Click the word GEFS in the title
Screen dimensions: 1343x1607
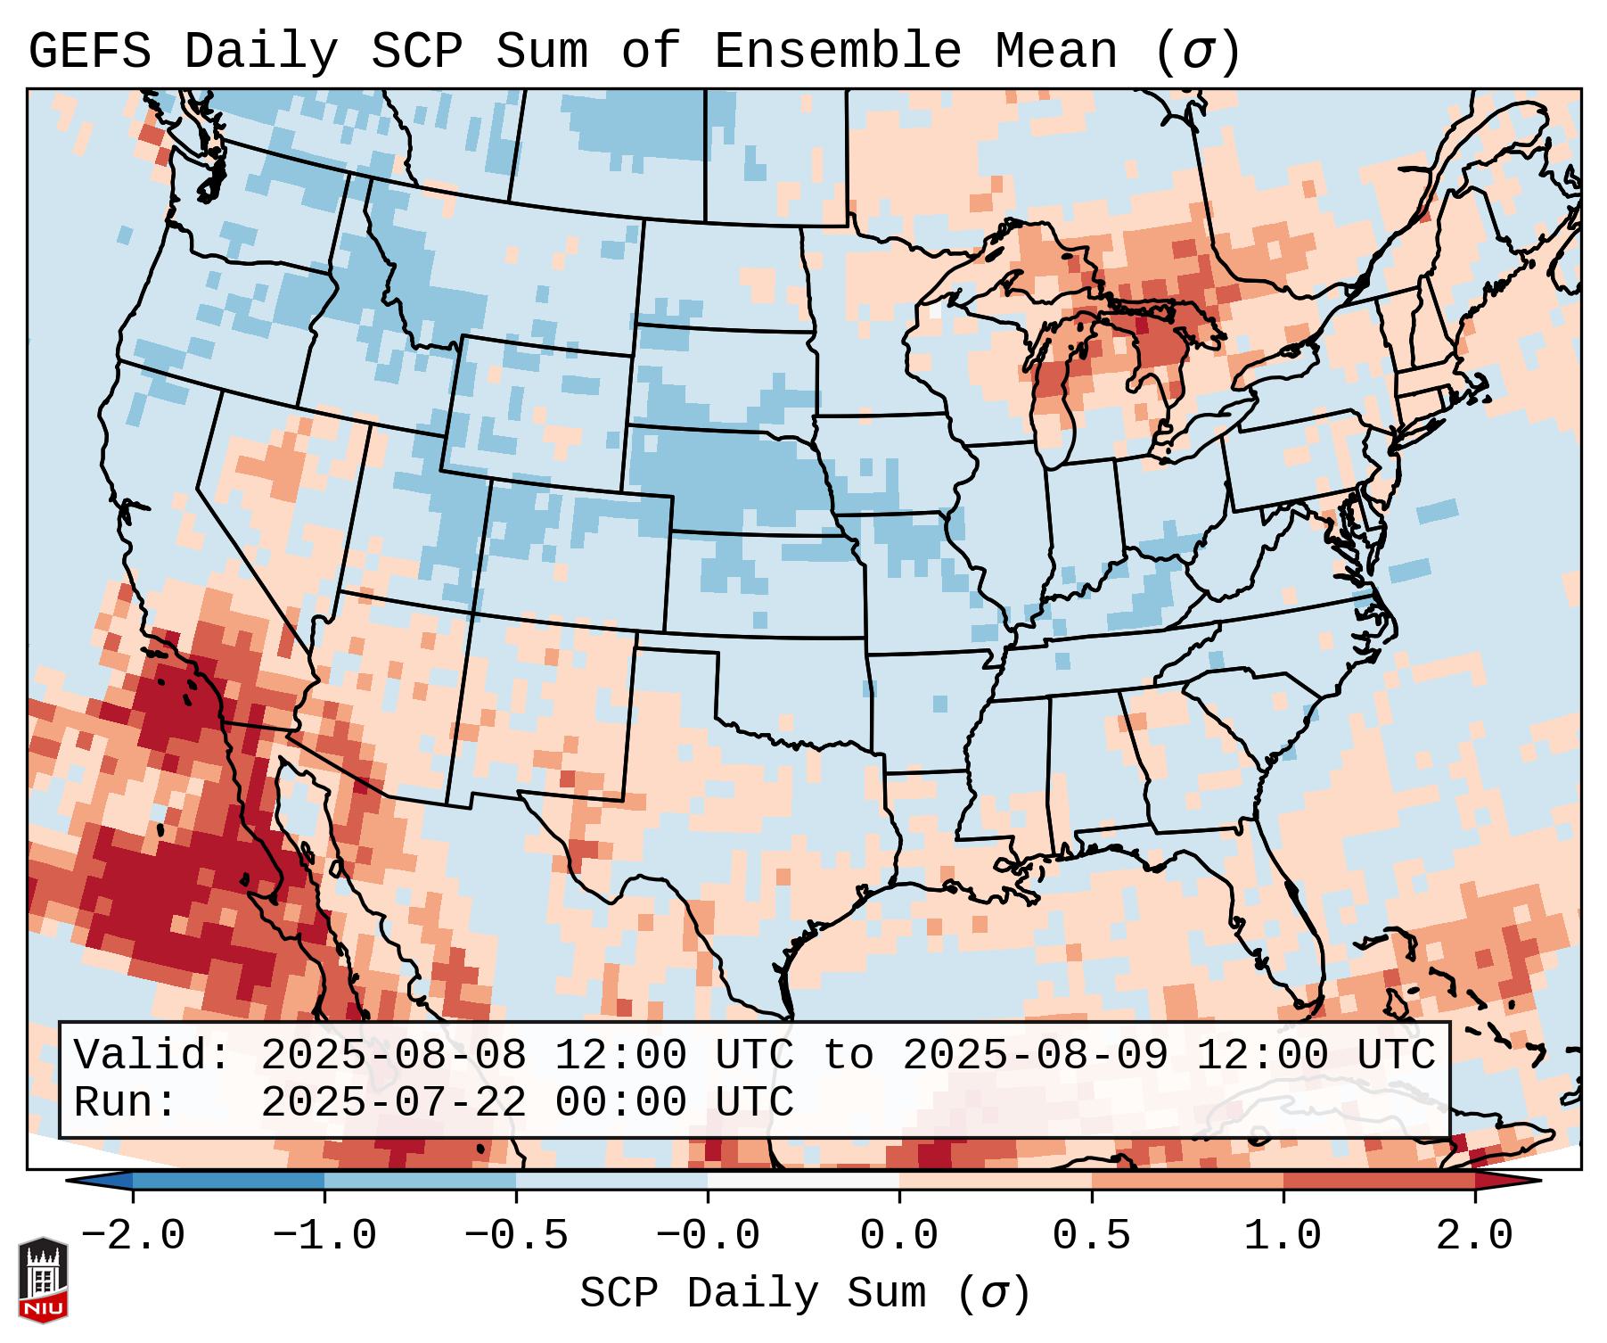[x=89, y=52]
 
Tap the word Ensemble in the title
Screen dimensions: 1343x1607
[x=838, y=52]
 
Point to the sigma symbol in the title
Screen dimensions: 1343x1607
[x=1197, y=52]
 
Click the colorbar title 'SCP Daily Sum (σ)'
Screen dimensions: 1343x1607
[x=804, y=1294]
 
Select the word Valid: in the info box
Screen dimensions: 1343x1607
[x=152, y=1055]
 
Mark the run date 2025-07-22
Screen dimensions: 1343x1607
[x=393, y=1102]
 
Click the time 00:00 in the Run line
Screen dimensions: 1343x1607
[x=620, y=1102]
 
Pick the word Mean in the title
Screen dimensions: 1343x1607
[x=1056, y=52]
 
